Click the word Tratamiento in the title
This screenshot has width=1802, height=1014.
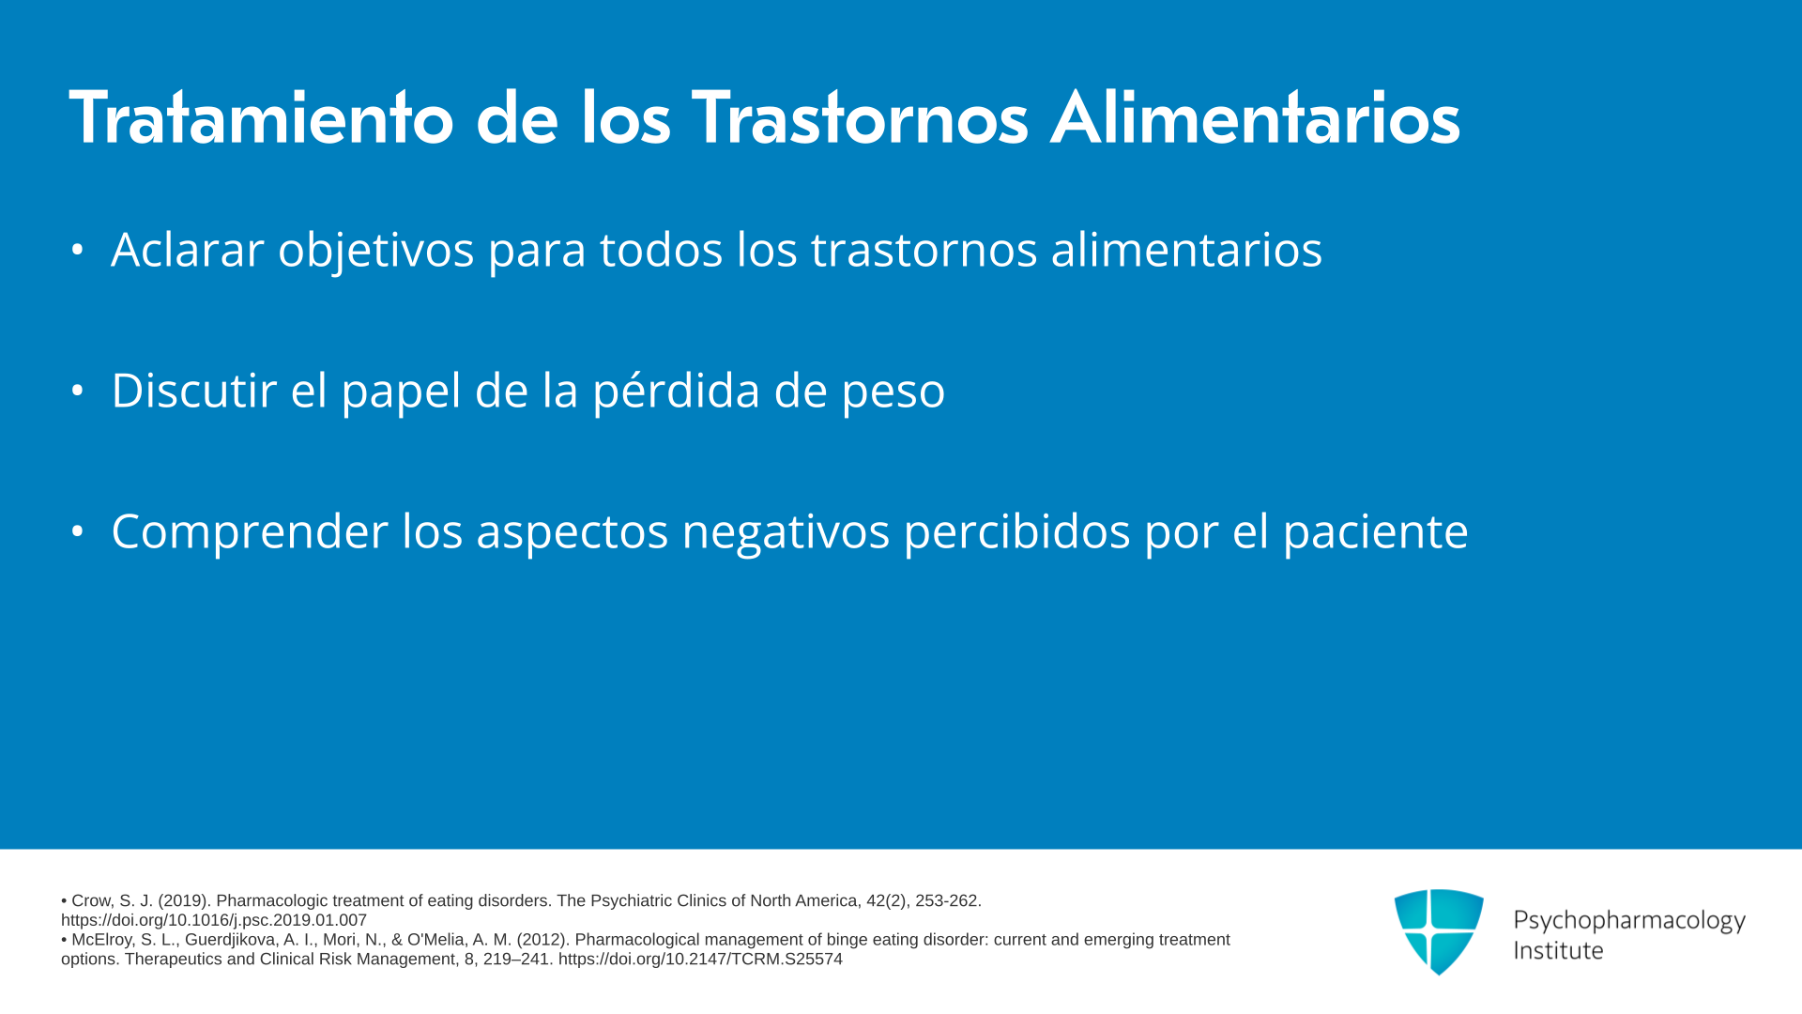[262, 118]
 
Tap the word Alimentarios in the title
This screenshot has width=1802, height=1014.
[1255, 117]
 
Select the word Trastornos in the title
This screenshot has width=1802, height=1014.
[860, 118]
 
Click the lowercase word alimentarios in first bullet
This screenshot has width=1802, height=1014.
[1186, 249]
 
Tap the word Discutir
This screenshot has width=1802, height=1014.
[193, 390]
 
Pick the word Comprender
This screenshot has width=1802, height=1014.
[250, 532]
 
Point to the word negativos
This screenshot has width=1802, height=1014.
[786, 532]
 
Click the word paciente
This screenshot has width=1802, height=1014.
[1376, 532]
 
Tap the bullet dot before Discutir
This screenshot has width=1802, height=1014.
[78, 391]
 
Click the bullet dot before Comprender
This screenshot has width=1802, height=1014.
[78, 531]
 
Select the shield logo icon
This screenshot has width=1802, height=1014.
[1439, 931]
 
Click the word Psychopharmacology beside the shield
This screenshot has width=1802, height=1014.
[1629, 921]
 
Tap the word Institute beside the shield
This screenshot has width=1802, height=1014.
[1559, 950]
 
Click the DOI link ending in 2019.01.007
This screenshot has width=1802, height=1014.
[214, 920]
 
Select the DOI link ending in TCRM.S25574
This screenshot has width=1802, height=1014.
[700, 959]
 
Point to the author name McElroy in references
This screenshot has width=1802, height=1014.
[102, 940]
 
